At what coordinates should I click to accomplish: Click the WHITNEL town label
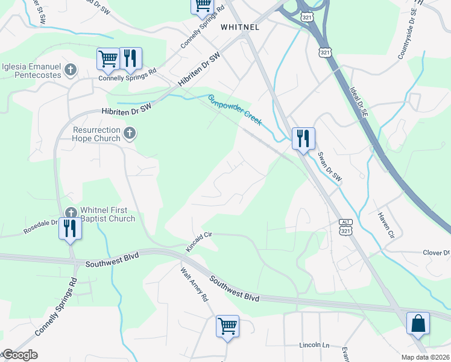click(240, 27)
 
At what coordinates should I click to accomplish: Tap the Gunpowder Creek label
click(235, 110)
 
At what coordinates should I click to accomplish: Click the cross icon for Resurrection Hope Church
click(128, 133)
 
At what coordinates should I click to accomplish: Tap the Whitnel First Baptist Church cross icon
click(71, 212)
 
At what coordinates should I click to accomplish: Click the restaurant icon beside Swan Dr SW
click(303, 138)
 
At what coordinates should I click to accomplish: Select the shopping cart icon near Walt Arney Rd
click(227, 326)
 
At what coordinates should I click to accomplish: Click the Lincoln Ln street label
click(315, 345)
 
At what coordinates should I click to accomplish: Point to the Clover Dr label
click(437, 252)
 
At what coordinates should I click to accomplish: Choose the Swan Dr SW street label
click(330, 166)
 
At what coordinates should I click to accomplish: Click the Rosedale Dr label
click(40, 226)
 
